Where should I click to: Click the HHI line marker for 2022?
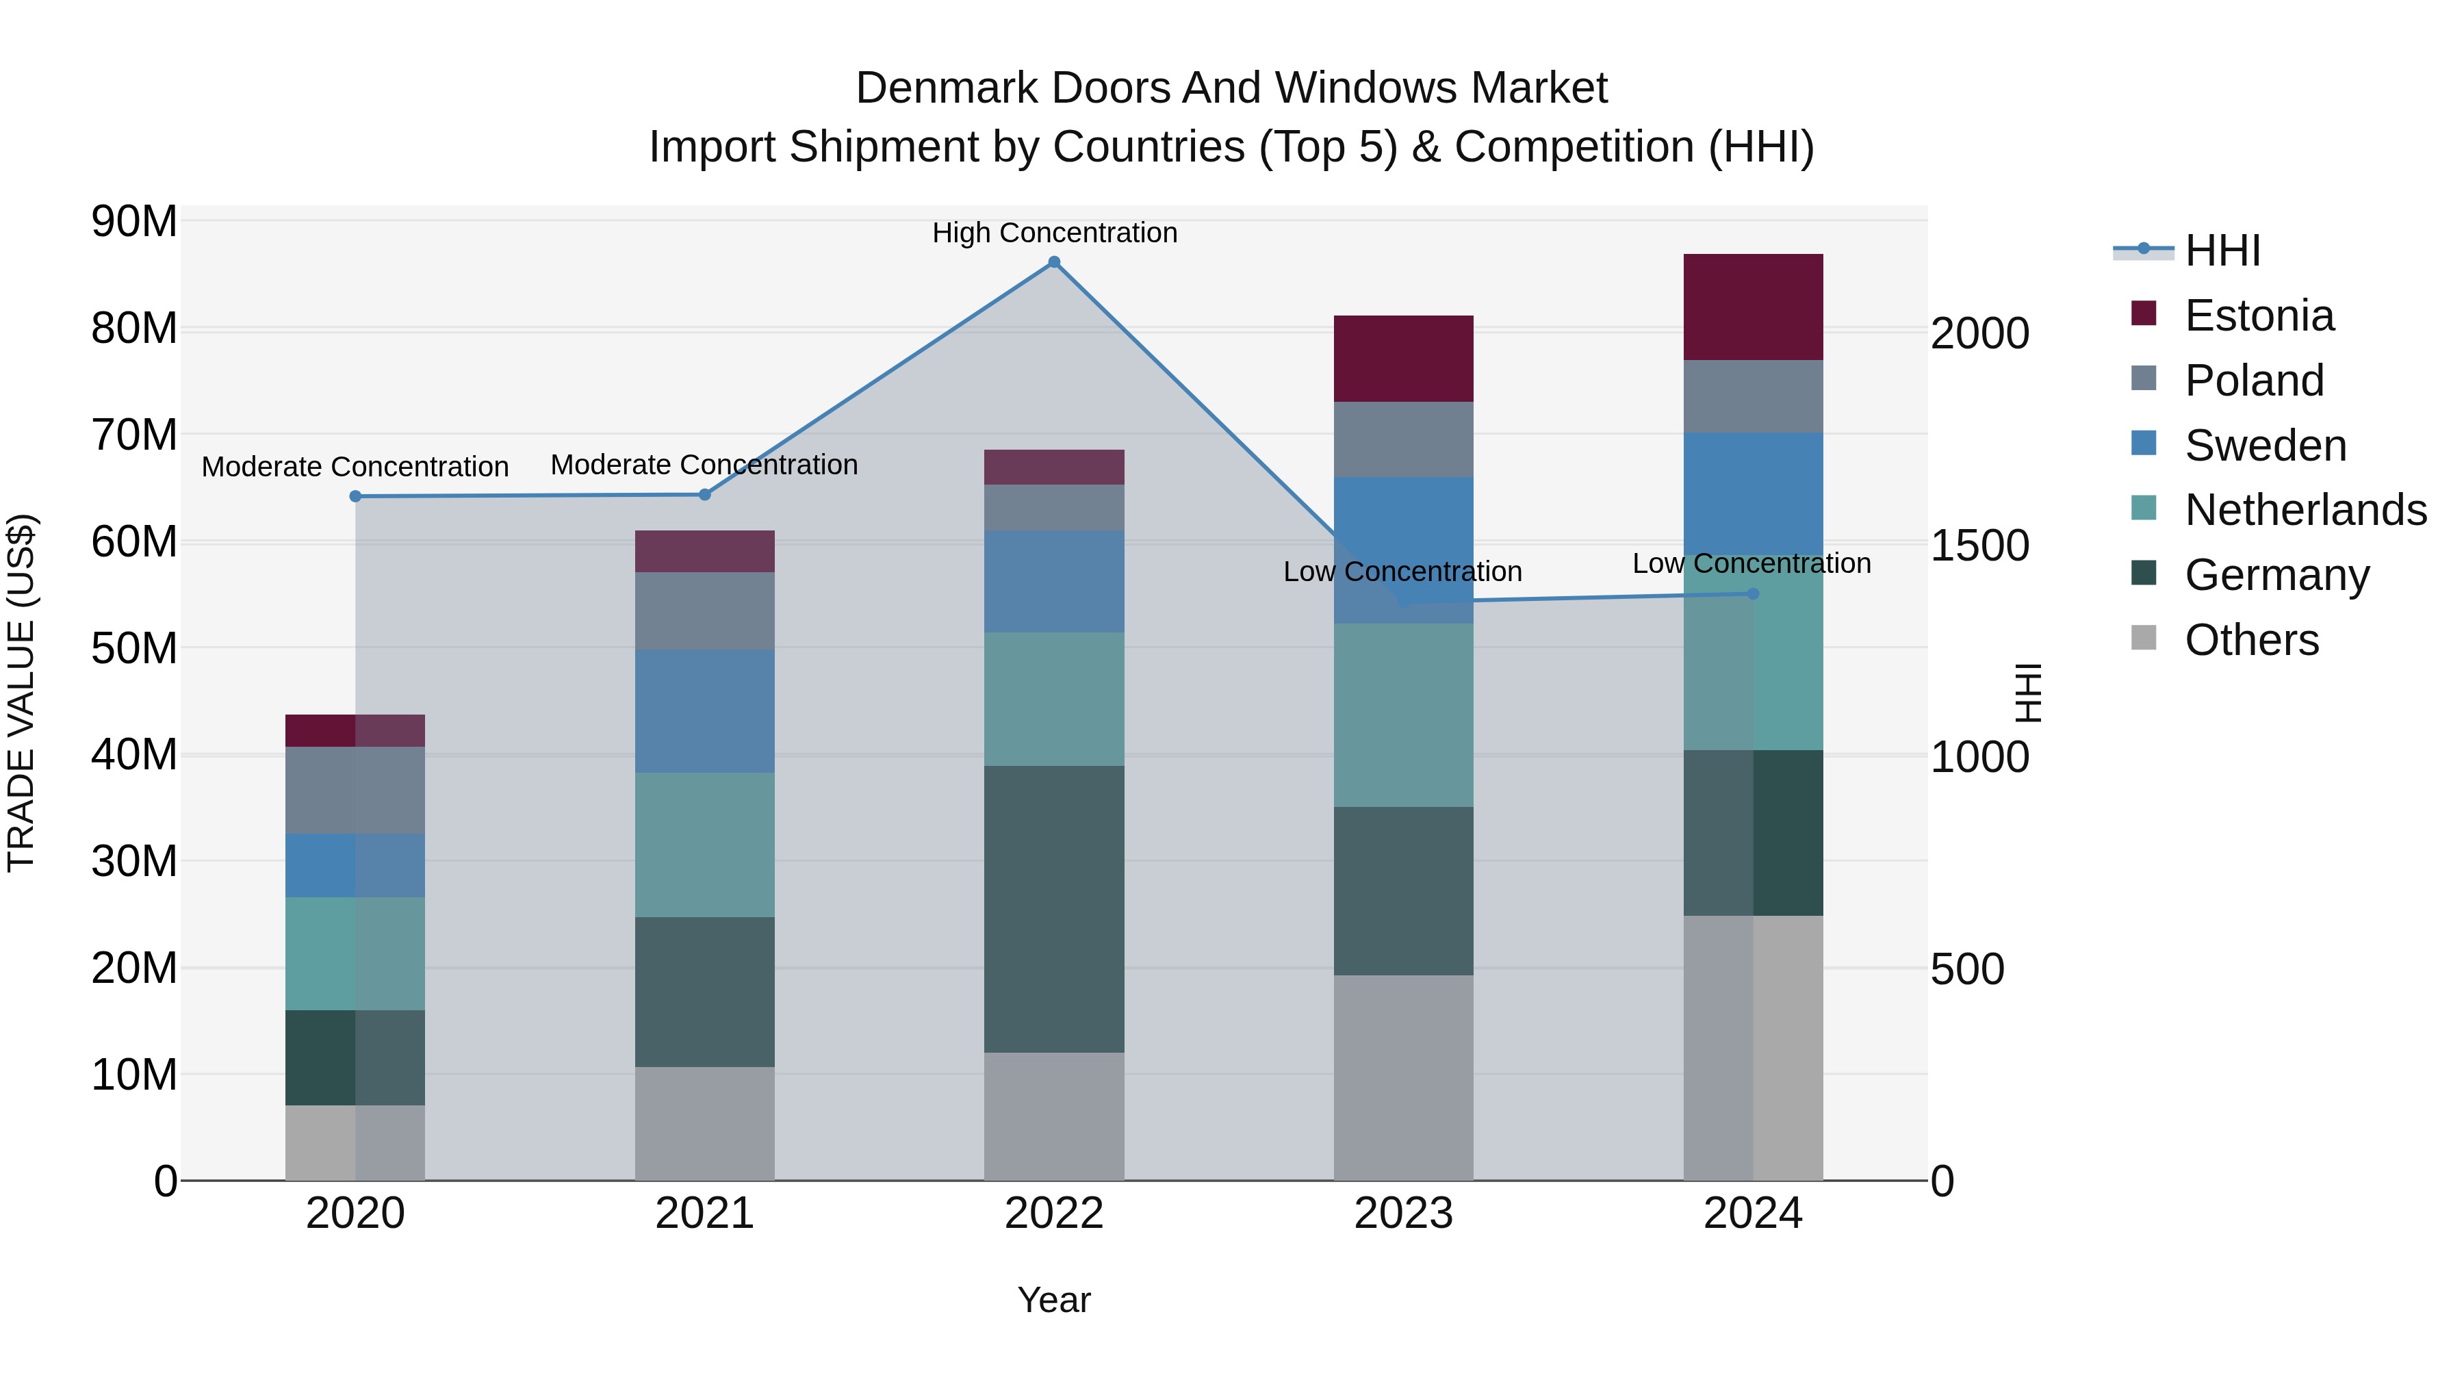pos(1054,262)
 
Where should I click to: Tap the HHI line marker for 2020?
pos(355,496)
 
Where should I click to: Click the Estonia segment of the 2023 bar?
pos(1403,359)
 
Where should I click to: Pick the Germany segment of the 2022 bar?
pos(1054,909)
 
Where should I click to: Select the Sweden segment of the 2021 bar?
pos(705,712)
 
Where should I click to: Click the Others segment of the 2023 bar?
pos(1403,1078)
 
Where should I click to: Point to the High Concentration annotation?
pos(1054,233)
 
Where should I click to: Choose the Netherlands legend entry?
pos(2305,510)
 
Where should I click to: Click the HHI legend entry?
pos(2222,251)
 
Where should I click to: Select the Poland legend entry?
pos(2254,381)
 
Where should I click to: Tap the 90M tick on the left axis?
pos(134,222)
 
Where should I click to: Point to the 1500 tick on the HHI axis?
pos(1979,546)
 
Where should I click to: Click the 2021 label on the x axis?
pos(705,1214)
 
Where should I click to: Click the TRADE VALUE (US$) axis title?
pos(21,693)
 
